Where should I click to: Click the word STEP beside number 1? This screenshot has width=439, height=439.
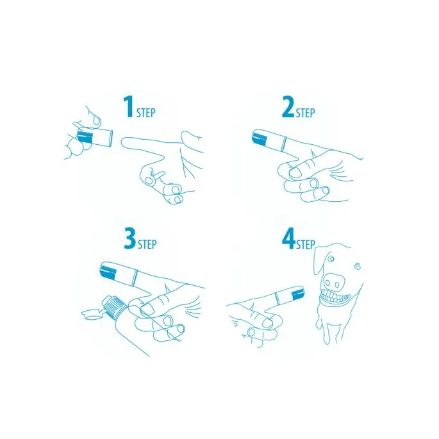[145, 113]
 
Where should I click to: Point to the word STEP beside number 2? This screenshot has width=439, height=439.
[306, 113]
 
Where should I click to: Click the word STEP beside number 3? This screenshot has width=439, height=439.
[147, 244]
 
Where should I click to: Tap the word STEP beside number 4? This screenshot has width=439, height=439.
[306, 244]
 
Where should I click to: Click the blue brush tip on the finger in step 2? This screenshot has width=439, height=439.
[260, 137]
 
